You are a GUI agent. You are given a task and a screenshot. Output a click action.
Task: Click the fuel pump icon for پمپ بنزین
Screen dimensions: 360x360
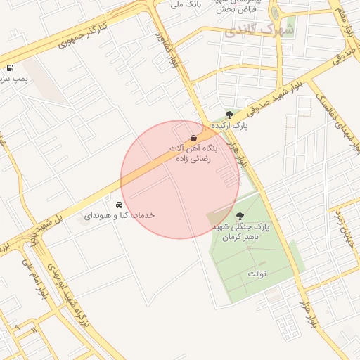pyautogui.click(x=10, y=68)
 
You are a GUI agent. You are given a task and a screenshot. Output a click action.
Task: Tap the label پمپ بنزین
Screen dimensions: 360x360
pyautogui.click(x=13, y=79)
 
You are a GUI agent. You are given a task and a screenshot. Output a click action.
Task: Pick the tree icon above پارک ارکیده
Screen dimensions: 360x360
pyautogui.click(x=229, y=116)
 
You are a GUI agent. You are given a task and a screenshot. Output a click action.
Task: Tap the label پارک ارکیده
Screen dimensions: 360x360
pyautogui.click(x=232, y=127)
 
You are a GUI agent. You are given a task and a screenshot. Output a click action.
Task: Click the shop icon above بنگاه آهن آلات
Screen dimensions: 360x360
pyautogui.click(x=194, y=139)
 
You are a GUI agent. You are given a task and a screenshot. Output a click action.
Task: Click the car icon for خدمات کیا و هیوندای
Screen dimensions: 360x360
pyautogui.click(x=118, y=205)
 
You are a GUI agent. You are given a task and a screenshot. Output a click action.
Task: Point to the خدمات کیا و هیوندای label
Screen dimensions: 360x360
pyautogui.click(x=119, y=215)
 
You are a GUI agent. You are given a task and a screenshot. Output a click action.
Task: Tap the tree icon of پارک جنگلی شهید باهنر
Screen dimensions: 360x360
pyautogui.click(x=240, y=217)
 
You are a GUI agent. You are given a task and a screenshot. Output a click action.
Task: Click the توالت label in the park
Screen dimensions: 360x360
pyautogui.click(x=254, y=272)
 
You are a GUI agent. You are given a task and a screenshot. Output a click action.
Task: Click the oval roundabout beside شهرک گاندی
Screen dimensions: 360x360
pyautogui.click(x=275, y=13)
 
